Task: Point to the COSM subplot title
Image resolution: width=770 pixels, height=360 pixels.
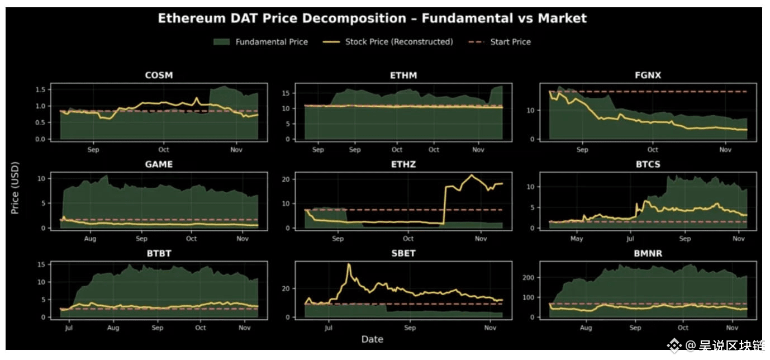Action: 159,75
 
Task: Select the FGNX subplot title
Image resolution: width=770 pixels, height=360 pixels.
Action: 648,75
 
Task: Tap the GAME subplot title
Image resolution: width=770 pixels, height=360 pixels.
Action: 159,164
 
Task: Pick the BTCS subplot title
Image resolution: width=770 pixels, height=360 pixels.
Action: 648,164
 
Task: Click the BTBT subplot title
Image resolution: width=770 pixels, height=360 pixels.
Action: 159,253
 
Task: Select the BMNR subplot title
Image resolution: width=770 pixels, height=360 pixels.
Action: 648,253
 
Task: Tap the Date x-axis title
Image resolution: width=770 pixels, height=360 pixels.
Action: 372,339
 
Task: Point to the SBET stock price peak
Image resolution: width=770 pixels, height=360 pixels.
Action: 349,264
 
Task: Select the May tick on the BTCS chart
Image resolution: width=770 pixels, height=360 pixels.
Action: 577,239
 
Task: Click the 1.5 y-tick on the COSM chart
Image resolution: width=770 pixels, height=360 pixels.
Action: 40,90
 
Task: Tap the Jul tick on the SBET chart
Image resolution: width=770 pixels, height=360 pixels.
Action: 328,328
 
